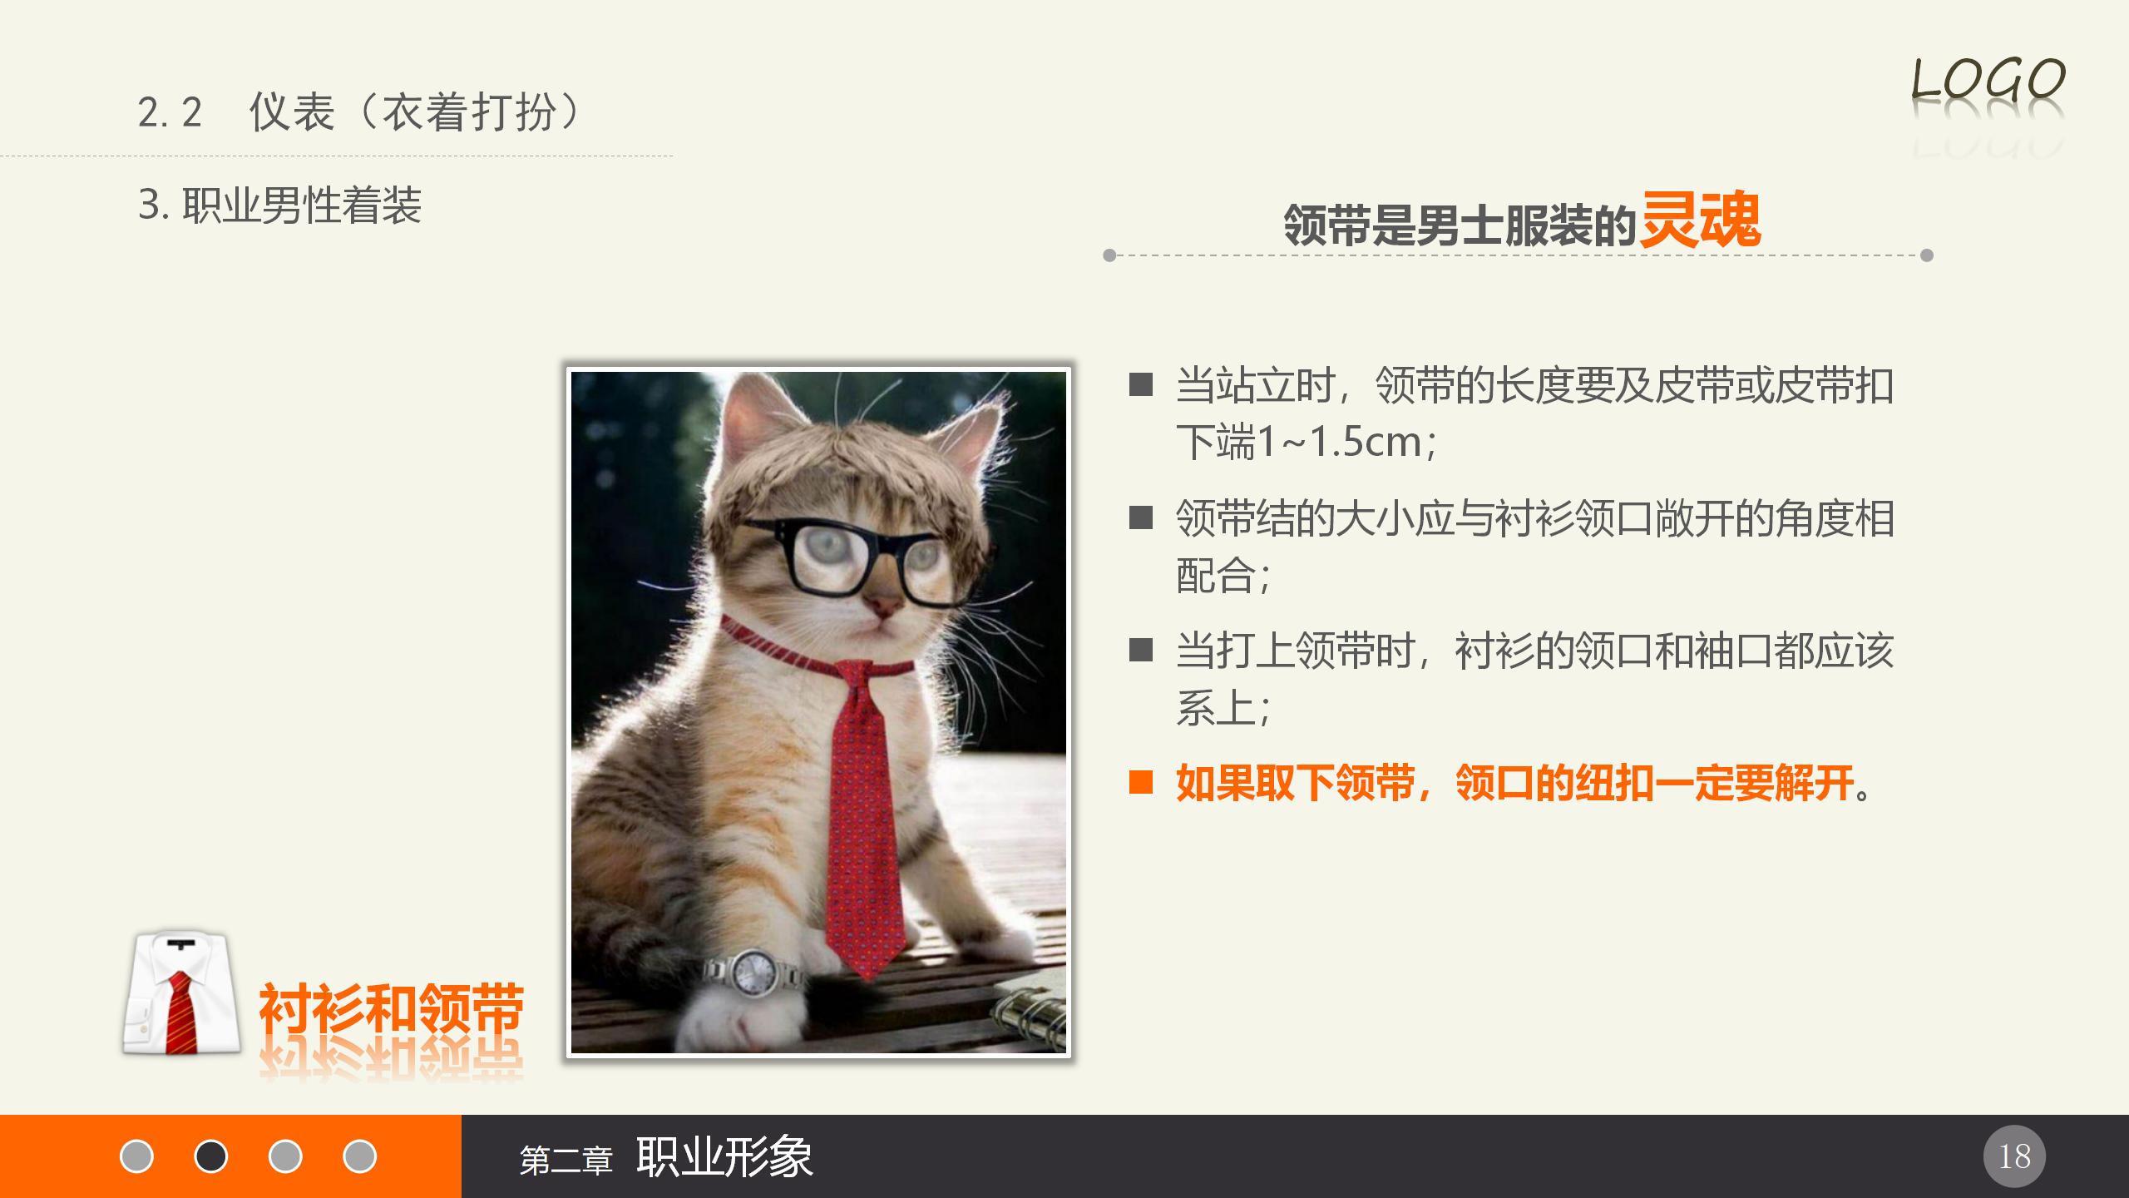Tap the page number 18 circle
2014,1156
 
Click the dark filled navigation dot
210,1156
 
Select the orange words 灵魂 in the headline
1700,220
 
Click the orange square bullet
1140,783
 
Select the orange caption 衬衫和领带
391,1008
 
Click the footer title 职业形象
724,1156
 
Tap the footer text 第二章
566,1160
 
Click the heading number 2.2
170,112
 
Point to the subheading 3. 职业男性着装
280,205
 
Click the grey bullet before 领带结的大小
1140,517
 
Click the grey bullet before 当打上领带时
1140,650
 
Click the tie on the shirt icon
180,1011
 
